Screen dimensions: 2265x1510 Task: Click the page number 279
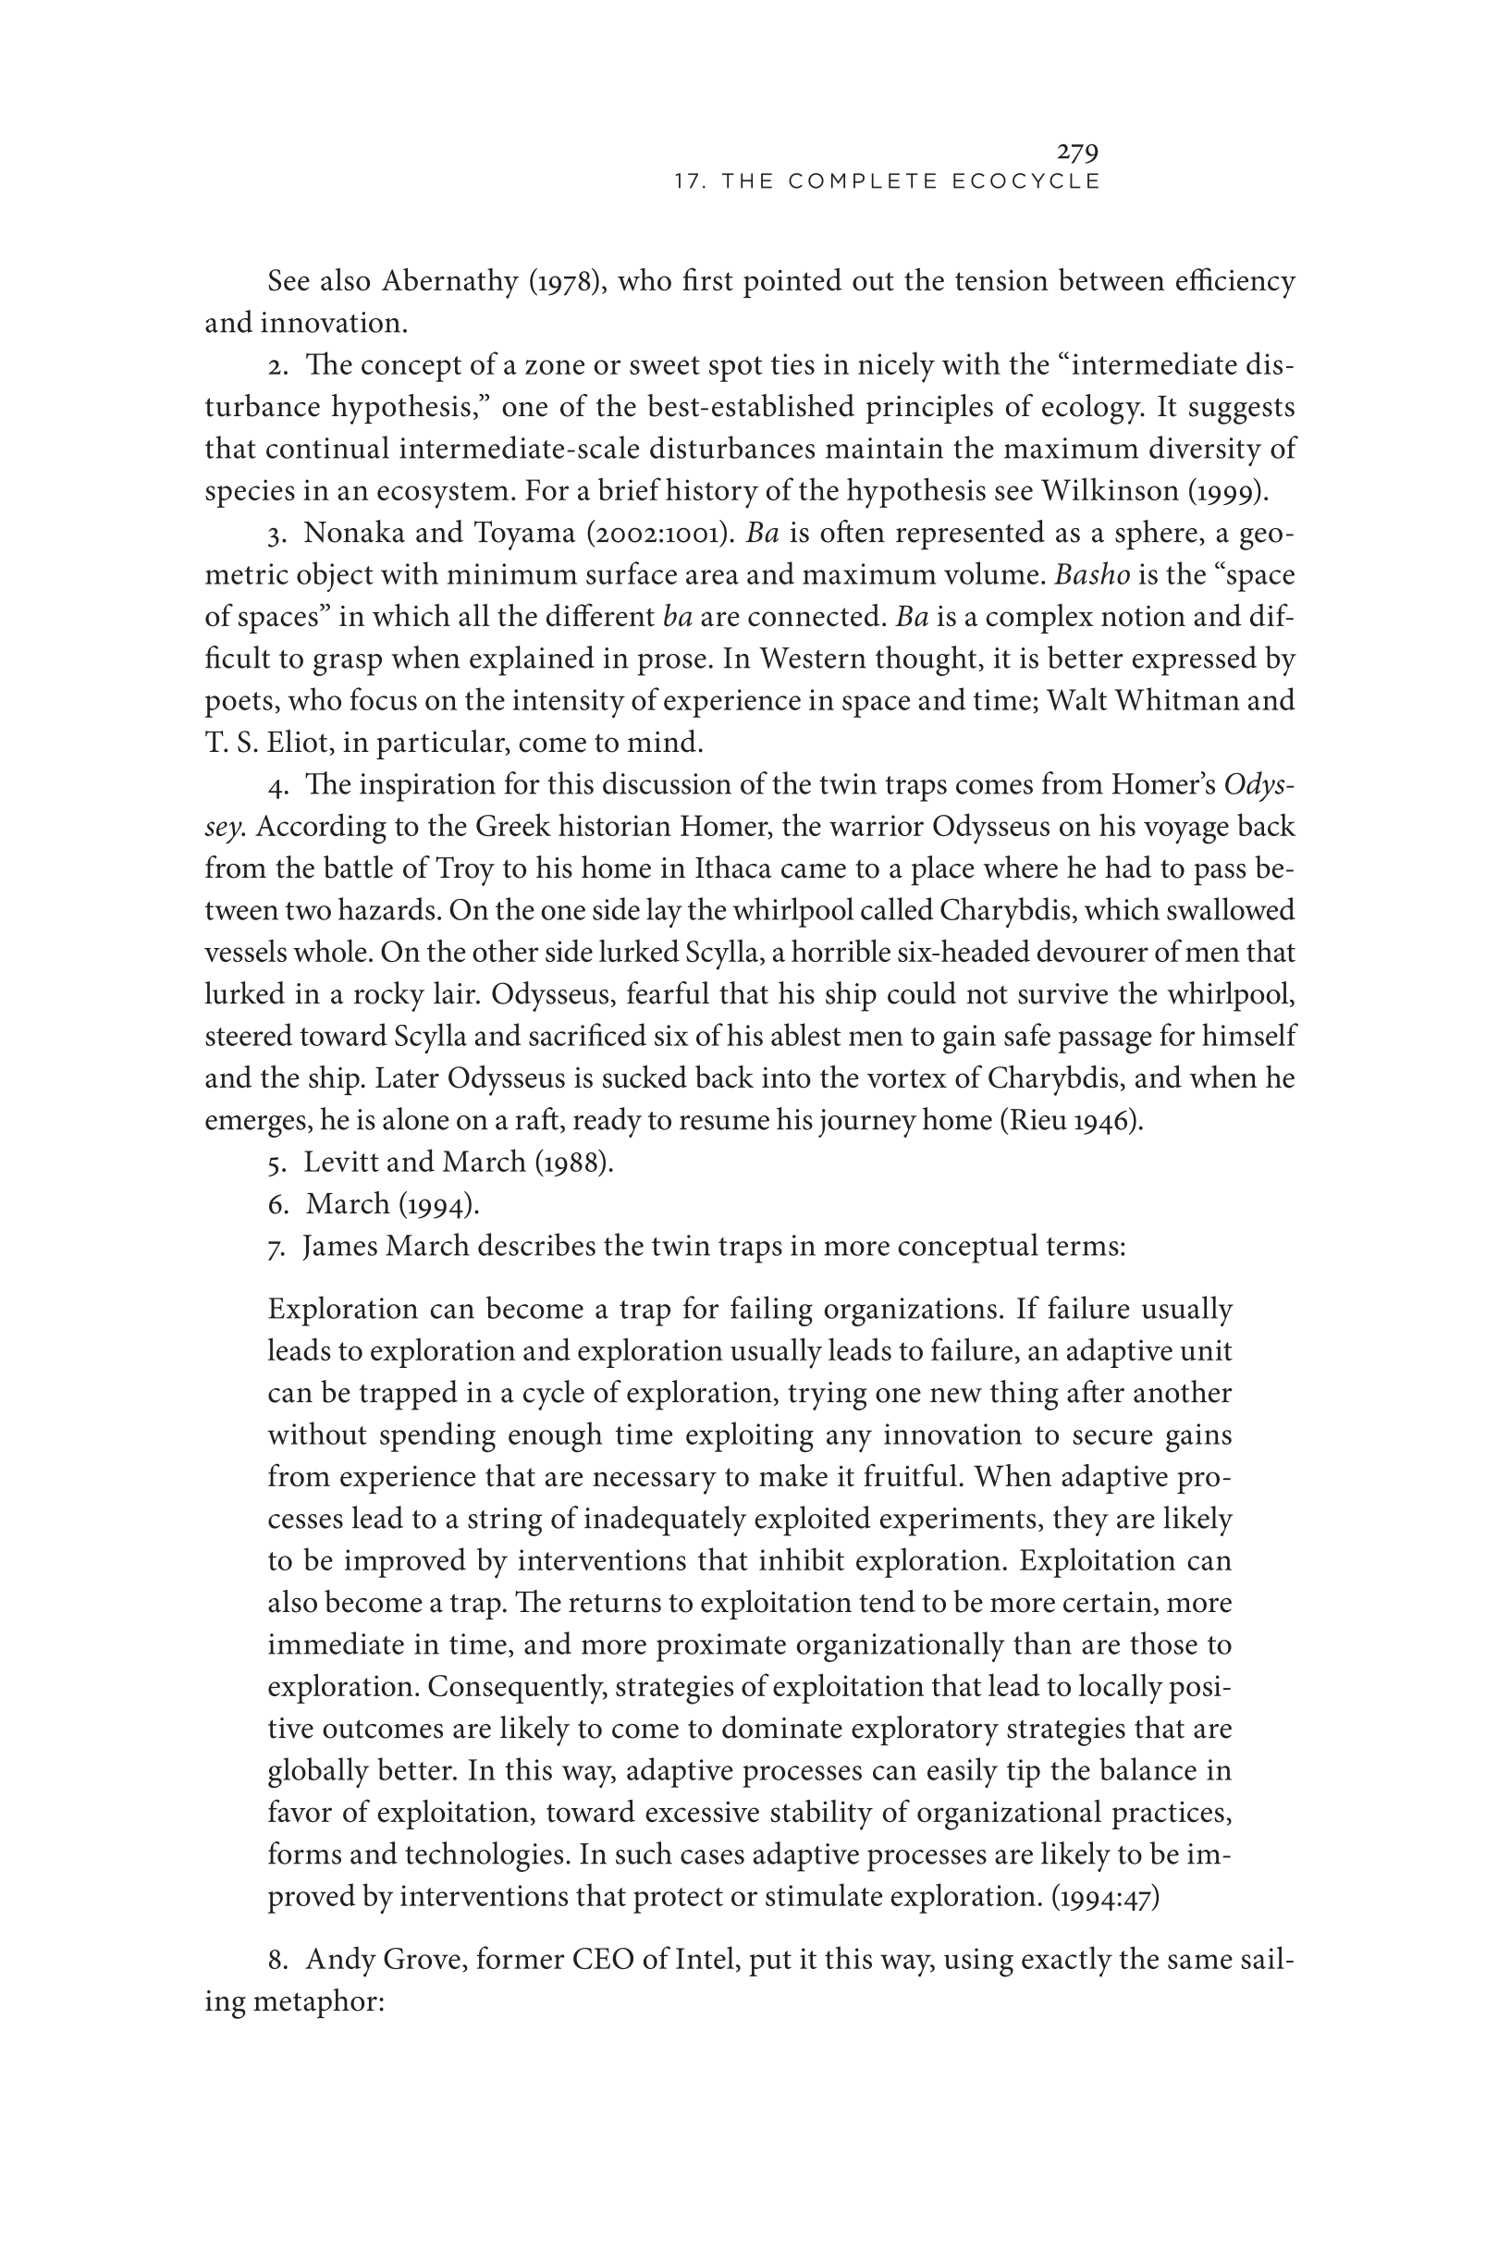[x=1077, y=151]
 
